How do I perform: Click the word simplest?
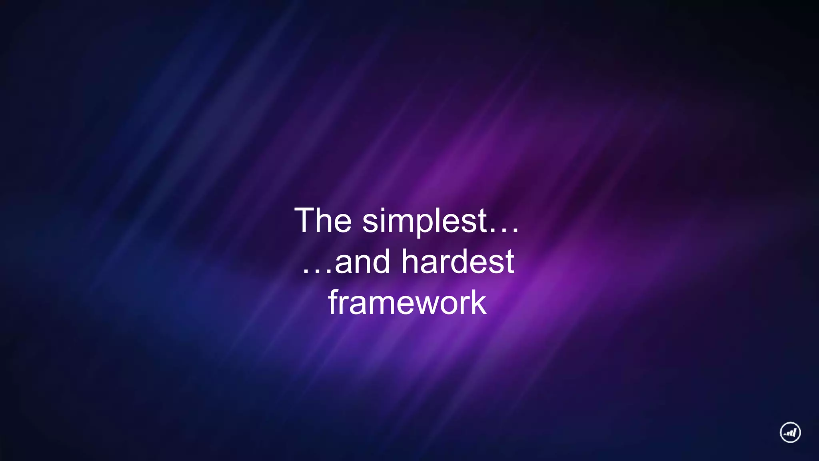click(425, 221)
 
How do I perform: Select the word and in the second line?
click(362, 262)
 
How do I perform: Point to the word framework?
click(407, 303)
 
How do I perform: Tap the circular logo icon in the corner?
click(790, 432)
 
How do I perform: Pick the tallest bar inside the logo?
click(795, 432)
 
